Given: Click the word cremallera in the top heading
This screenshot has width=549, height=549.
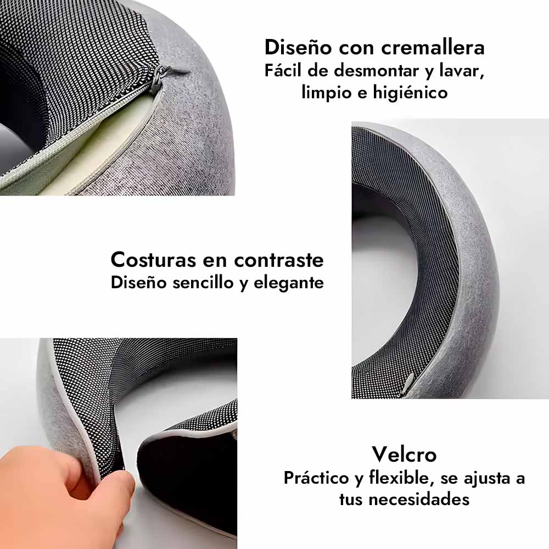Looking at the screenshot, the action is (433, 47).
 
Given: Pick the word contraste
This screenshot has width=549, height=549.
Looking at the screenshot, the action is (279, 260).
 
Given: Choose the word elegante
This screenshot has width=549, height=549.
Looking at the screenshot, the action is (289, 283).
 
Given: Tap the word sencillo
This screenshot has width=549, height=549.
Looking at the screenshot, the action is (203, 283).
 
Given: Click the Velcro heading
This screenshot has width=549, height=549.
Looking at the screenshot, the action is (405, 455).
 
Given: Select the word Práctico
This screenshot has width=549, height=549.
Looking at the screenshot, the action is (317, 479).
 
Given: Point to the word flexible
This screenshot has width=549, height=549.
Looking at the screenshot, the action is (399, 478).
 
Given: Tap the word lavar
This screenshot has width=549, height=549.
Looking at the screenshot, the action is (462, 71).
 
